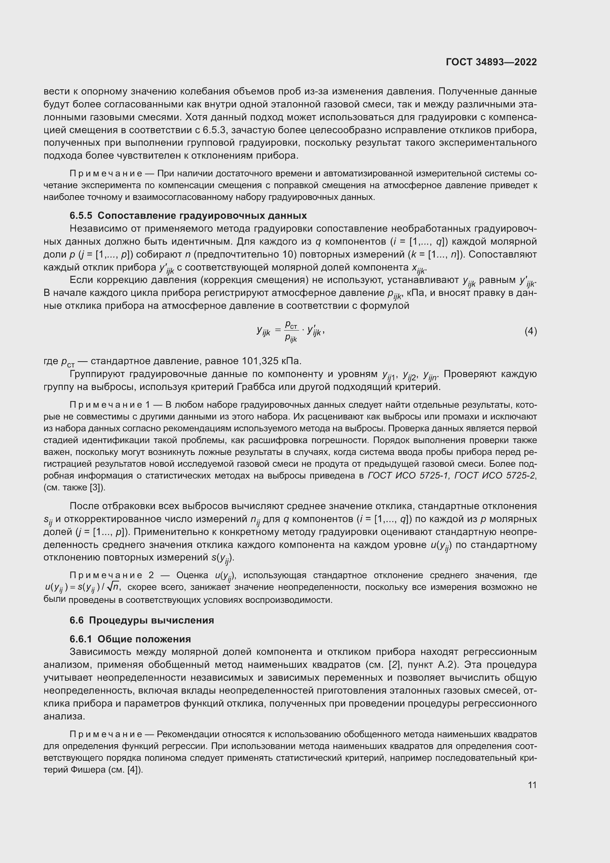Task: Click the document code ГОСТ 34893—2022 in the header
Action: pyautogui.click(x=491, y=62)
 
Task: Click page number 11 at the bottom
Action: pyautogui.click(x=532, y=785)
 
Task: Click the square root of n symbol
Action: pyautogui.click(x=114, y=586)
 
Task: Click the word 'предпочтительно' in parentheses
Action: pyautogui.click(x=238, y=255)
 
